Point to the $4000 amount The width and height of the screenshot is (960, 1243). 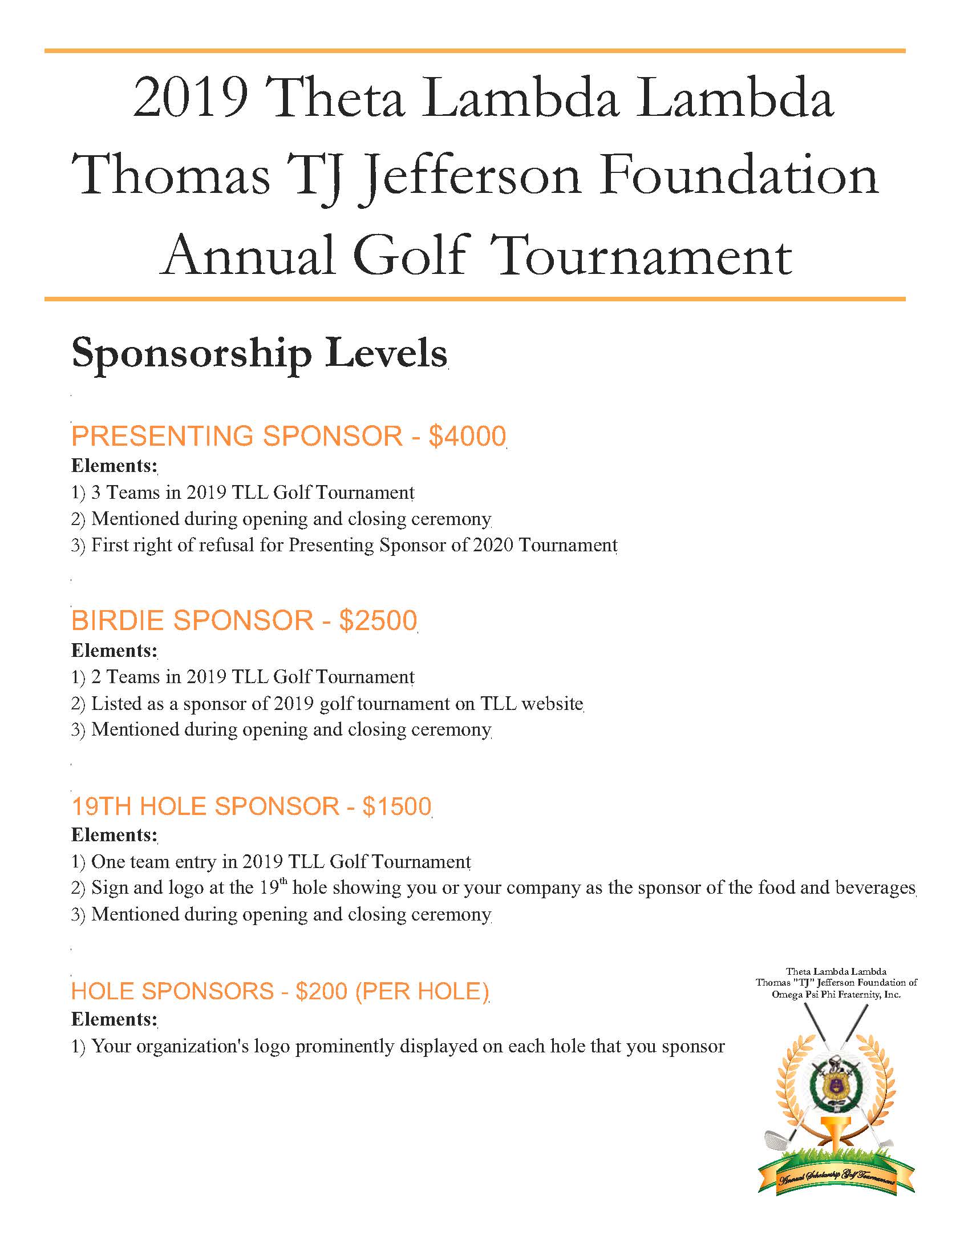tap(467, 437)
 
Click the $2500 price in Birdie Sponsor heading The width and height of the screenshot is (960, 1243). tap(378, 621)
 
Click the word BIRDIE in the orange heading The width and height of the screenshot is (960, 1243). tap(118, 621)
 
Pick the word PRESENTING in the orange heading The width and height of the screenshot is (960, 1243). tap(163, 437)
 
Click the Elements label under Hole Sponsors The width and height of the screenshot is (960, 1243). tap(114, 1019)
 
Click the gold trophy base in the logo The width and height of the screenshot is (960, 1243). tap(835, 1141)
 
